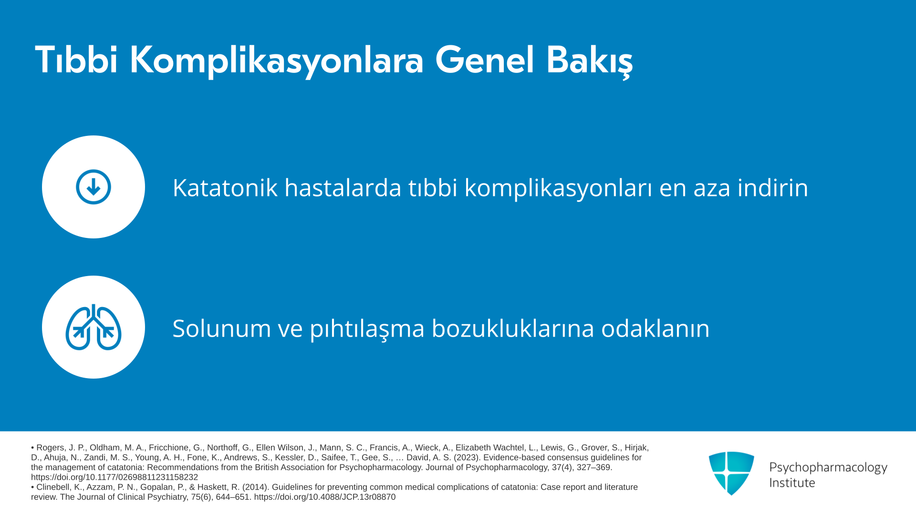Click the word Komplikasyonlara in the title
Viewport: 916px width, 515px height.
pyautogui.click(x=276, y=61)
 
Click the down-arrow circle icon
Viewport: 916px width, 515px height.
pyautogui.click(x=94, y=187)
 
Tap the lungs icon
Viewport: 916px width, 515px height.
pyautogui.click(x=94, y=327)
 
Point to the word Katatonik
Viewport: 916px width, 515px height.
pyautogui.click(x=225, y=187)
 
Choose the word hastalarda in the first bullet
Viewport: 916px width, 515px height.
pyautogui.click(x=343, y=187)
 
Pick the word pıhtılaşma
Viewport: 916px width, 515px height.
pyautogui.click(x=367, y=329)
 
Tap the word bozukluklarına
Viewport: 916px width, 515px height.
pyautogui.click(x=513, y=328)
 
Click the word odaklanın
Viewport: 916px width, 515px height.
pyautogui.click(x=656, y=328)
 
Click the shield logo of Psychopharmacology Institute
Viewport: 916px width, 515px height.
pyautogui.click(x=731, y=473)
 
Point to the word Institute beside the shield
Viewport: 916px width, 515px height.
pyautogui.click(x=792, y=483)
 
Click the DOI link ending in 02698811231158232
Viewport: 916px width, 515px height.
pyautogui.click(x=114, y=477)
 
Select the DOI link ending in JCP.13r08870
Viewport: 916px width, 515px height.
pyautogui.click(x=325, y=497)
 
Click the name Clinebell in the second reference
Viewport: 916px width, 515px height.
pyautogui.click(x=54, y=487)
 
